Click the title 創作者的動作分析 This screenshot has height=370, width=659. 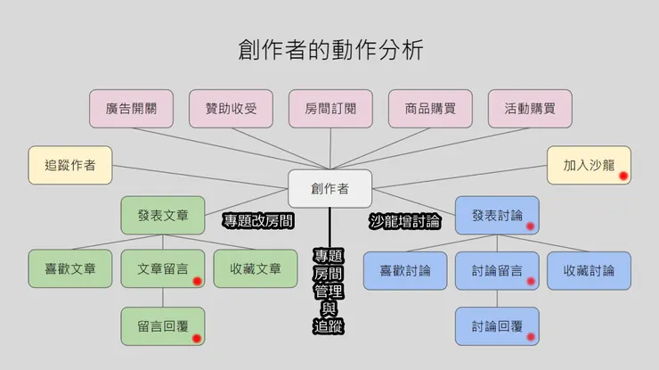(329, 49)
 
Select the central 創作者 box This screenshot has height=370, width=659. (329, 188)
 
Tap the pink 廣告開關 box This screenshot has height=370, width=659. (131, 109)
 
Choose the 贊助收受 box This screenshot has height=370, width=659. (231, 109)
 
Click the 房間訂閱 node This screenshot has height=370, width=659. (330, 109)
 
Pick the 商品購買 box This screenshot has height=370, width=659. (430, 109)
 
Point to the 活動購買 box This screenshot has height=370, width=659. (530, 109)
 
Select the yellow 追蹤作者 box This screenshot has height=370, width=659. (70, 165)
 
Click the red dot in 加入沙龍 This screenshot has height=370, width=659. (624, 176)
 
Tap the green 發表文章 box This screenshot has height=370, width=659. (163, 215)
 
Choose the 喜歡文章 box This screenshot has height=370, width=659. (70, 269)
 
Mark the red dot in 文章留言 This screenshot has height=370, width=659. (197, 281)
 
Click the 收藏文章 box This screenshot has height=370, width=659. (256, 269)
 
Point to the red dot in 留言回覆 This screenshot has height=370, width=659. (197, 337)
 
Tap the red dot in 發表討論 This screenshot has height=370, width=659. (530, 226)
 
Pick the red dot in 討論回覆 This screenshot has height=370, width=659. (531, 337)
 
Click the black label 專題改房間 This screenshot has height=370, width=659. (258, 219)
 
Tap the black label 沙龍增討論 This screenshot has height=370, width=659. (405, 219)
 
